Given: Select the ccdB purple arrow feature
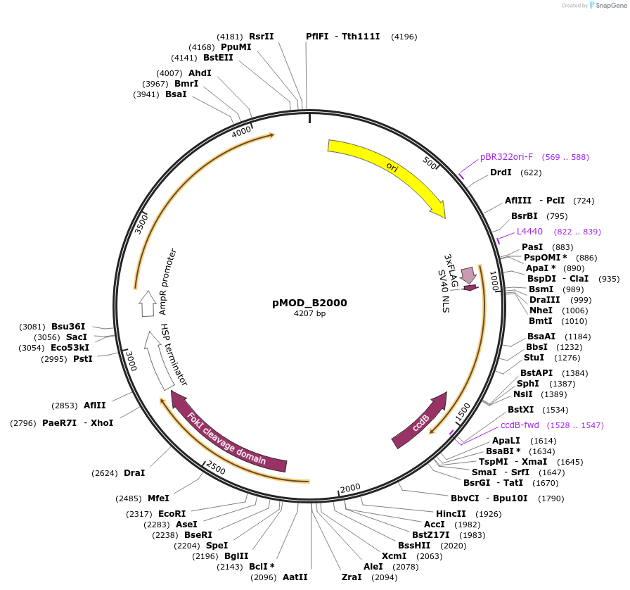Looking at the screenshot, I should click(420, 422).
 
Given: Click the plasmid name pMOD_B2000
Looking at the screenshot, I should click(309, 303).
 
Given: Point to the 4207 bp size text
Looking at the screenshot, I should click(309, 314).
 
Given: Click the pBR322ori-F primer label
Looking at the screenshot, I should click(506, 157).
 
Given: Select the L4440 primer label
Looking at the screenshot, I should click(529, 232).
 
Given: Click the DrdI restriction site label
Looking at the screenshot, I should click(501, 172).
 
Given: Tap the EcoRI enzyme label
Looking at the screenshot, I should click(172, 514).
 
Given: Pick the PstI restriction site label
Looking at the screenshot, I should click(83, 359).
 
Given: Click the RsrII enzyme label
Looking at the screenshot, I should click(262, 36).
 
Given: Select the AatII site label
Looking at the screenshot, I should click(295, 577).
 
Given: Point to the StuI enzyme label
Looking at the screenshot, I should click(534, 358).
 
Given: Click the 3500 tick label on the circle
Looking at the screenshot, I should click(141, 222).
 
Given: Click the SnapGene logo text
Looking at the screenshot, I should click(607, 6).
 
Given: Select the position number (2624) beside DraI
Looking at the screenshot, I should click(105, 473).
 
